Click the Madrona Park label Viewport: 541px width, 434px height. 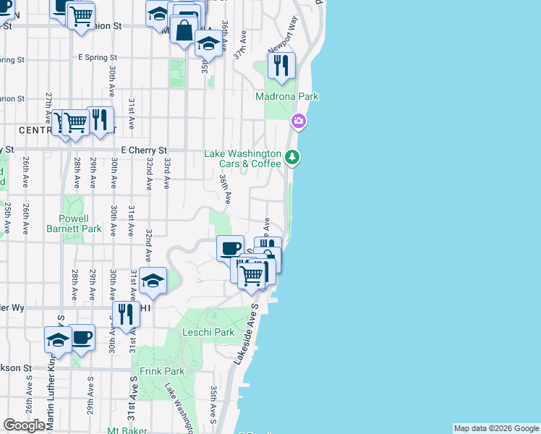coord(287,96)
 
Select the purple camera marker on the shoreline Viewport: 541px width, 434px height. coord(298,122)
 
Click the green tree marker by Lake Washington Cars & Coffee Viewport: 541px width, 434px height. coord(292,156)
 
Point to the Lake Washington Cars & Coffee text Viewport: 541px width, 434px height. coord(242,158)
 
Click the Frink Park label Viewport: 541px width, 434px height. coord(163,371)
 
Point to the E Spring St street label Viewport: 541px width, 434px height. coord(98,57)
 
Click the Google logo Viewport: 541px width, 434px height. coord(24,425)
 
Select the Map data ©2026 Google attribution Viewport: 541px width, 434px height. coord(496,428)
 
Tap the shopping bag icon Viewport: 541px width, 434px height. coord(184,30)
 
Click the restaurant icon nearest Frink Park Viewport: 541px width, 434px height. coord(126,314)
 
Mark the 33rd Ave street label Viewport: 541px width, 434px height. coord(166,173)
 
